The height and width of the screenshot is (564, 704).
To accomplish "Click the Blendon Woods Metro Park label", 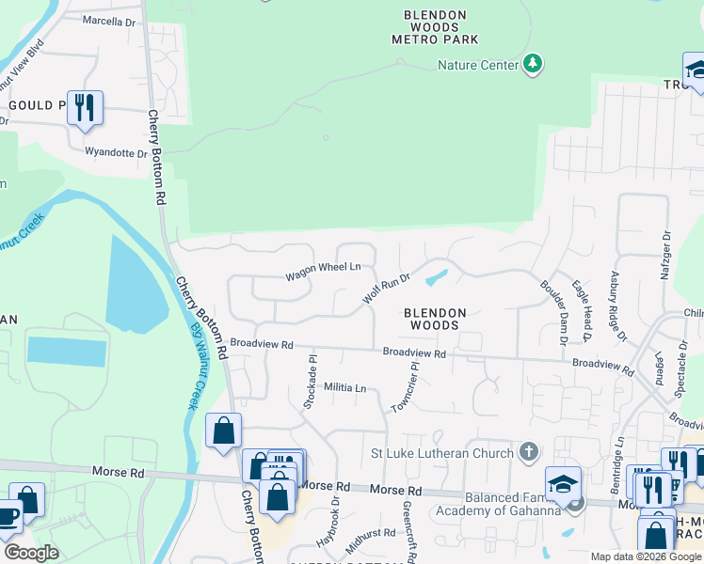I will point(435,27).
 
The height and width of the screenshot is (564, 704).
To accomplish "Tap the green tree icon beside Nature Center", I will point(534,64).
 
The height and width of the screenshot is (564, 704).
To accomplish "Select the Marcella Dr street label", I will point(109,20).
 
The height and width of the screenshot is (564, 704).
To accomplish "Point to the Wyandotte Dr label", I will point(116,152).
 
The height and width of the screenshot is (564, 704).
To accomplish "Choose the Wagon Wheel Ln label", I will point(323,268).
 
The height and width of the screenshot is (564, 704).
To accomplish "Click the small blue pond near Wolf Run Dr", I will point(436,278).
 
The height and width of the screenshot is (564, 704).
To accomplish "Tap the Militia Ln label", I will point(344,387).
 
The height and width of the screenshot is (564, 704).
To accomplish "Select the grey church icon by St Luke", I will point(529,453).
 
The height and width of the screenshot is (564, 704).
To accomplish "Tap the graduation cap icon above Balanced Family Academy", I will point(563,483).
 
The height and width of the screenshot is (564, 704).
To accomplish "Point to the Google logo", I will point(31,552).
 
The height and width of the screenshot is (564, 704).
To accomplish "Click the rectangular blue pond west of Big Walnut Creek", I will point(67,351).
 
